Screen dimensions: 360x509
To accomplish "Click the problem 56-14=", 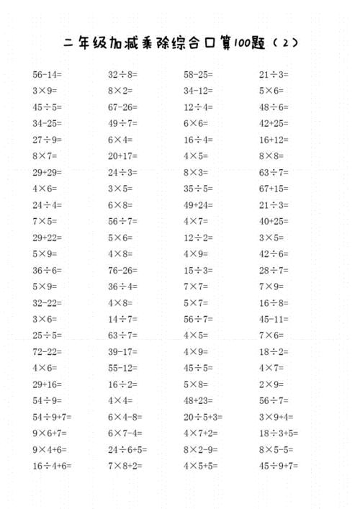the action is point(47,74).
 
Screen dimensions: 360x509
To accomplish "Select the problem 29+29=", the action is point(48,172).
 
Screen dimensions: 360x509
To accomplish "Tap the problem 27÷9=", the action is point(48,140).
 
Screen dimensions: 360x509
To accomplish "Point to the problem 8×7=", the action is point(45,156).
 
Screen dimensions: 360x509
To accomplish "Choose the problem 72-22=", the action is point(47,351).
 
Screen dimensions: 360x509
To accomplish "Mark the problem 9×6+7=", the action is point(50,433).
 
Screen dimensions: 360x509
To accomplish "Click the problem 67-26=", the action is point(123,107).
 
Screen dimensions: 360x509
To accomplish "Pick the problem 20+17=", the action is point(123,156).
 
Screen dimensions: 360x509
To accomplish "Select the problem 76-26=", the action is point(123,270).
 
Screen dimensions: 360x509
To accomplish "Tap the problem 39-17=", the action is point(123,351).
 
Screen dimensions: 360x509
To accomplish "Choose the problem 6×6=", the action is point(196,123).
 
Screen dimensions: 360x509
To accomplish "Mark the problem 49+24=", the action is point(199,204).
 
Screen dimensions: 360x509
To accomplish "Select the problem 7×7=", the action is point(196,287).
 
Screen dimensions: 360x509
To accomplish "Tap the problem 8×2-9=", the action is point(201,449).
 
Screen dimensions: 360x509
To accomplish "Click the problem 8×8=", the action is point(271,156).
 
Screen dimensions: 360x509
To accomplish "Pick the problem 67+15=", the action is point(274,189).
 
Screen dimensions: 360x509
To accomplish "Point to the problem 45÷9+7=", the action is point(279,466).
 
